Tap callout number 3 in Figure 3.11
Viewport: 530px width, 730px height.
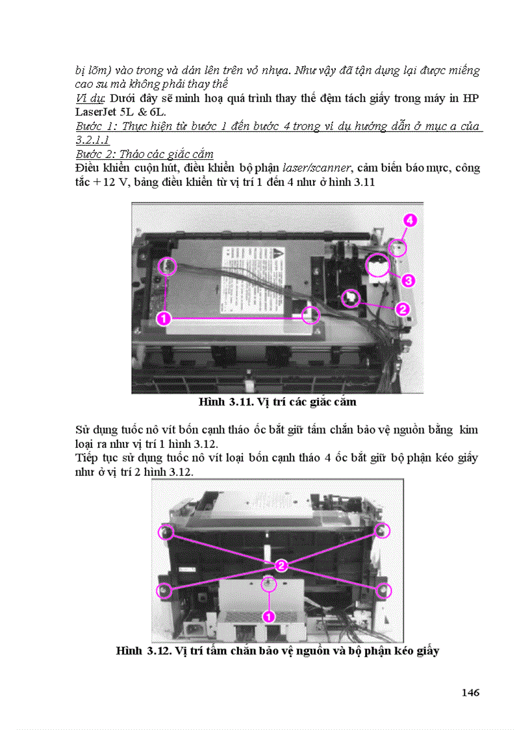tap(408, 281)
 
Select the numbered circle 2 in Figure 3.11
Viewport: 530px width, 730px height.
tap(402, 309)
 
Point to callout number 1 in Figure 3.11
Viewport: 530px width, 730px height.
tap(164, 319)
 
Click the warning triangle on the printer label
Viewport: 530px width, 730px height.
tap(277, 253)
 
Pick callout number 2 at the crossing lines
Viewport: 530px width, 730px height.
tap(280, 566)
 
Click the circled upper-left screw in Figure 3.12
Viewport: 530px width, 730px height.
tap(166, 533)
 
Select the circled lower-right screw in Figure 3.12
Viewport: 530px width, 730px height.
tap(383, 590)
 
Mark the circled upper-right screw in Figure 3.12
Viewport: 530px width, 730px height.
tap(383, 531)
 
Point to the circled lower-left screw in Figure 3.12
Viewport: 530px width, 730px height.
tap(164, 590)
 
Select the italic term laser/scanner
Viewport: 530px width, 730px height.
tap(310, 168)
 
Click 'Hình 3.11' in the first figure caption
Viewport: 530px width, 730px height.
tap(220, 402)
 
